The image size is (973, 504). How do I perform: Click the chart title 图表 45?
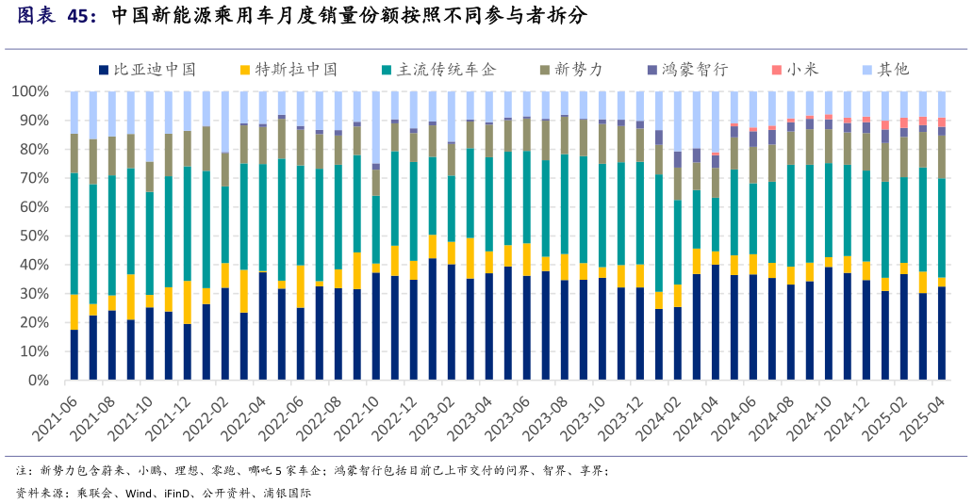[57, 16]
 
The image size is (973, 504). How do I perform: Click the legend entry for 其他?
[892, 70]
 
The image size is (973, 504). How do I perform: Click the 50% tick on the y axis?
[33, 236]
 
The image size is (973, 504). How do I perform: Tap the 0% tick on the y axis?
[37, 381]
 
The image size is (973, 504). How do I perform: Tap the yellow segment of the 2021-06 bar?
[74, 312]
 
